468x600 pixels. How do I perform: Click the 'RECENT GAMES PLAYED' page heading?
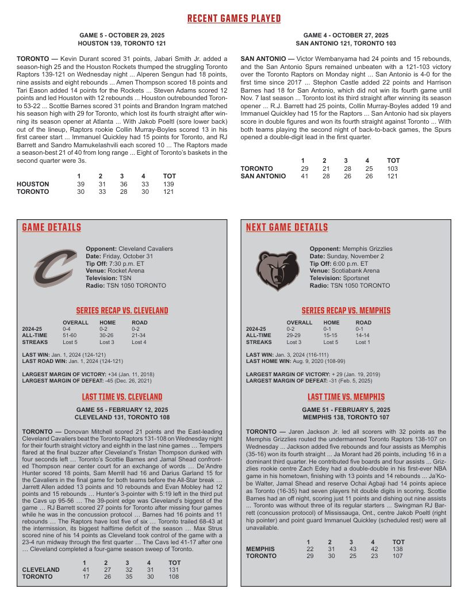tap(234, 19)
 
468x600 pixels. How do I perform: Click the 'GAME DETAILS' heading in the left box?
tap(52, 228)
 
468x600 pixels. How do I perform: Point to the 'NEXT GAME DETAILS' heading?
tap(287, 228)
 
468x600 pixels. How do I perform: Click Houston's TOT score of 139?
tap(169, 184)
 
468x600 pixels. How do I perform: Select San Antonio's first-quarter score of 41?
tap(304, 176)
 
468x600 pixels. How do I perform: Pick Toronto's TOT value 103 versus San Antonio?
tap(393, 169)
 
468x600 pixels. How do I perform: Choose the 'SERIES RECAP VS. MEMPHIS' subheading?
tap(346, 311)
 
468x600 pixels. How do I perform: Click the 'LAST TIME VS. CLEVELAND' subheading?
tap(122, 397)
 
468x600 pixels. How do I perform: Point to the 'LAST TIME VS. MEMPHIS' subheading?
tap(346, 397)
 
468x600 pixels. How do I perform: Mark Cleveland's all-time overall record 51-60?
tap(70, 335)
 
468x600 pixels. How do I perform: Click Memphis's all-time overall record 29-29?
tap(294, 335)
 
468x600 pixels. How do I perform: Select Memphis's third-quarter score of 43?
tap(351, 549)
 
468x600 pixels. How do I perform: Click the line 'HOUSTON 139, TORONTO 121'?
tap(122, 43)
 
